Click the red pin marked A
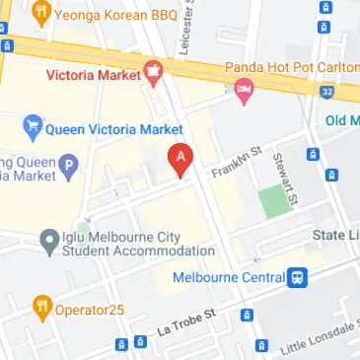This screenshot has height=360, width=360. (180, 158)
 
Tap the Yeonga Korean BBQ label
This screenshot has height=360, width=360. (102, 15)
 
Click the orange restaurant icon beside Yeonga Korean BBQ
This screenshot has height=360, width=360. (41, 14)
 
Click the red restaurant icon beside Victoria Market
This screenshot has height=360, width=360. (153, 72)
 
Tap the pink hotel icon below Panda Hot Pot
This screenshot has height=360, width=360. (243, 92)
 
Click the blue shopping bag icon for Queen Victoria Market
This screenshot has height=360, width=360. (32, 129)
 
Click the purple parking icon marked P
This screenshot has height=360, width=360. (68, 167)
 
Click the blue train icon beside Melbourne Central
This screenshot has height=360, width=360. (298, 277)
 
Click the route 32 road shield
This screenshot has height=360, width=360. (326, 91)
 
